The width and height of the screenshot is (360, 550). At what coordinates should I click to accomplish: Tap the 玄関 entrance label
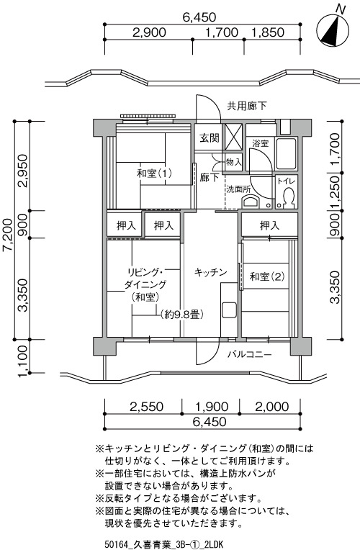click(x=210, y=137)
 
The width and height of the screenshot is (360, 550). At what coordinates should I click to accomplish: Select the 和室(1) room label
click(x=154, y=173)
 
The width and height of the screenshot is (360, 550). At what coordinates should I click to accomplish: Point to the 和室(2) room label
click(x=267, y=276)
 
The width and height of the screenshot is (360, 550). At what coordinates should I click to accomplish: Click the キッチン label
click(x=210, y=272)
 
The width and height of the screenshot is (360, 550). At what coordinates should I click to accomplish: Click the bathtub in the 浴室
click(x=287, y=153)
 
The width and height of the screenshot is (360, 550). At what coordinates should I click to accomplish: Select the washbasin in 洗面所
click(x=250, y=202)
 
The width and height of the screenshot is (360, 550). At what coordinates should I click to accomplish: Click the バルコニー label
click(x=249, y=354)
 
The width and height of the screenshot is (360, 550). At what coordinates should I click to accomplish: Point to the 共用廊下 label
click(x=247, y=106)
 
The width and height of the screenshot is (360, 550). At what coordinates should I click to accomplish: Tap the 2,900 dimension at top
click(x=149, y=32)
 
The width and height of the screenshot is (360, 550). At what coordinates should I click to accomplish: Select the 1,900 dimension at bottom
click(x=212, y=407)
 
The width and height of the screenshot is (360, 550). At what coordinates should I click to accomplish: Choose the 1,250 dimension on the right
click(x=335, y=192)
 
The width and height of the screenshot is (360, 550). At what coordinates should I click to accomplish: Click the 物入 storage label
click(x=234, y=163)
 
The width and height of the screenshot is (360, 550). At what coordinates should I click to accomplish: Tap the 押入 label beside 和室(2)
click(x=269, y=225)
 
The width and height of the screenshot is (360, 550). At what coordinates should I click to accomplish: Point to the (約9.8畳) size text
click(x=182, y=315)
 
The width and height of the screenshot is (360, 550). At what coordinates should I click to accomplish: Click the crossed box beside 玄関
click(x=233, y=137)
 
